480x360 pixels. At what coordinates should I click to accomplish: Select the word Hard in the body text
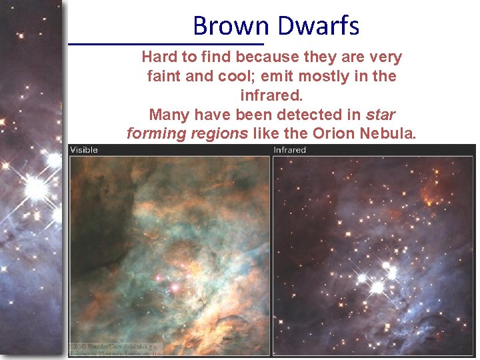(x=159, y=57)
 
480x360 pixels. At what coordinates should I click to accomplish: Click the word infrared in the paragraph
(x=271, y=95)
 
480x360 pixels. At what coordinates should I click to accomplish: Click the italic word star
(x=381, y=114)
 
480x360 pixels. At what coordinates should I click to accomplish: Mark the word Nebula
(x=389, y=133)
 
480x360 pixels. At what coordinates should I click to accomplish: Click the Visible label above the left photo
(x=84, y=150)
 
